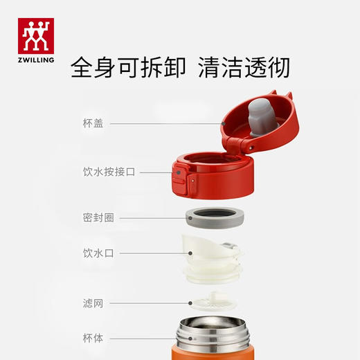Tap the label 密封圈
pos(98,217)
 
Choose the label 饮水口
pos(98,253)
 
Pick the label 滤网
pos(93,303)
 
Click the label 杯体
pos(93,339)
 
